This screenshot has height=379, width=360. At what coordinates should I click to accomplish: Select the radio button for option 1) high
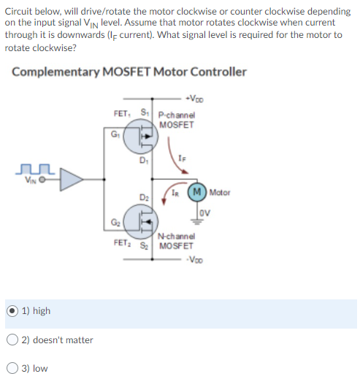point(12,310)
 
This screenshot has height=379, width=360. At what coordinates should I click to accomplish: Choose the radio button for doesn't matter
point(12,340)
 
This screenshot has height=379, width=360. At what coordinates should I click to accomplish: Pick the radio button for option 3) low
point(12,368)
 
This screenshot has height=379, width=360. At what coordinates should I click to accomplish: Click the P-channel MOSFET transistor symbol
point(142,137)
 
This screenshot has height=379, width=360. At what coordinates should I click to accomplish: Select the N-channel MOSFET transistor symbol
point(142,219)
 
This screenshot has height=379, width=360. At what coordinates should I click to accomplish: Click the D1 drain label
point(145,162)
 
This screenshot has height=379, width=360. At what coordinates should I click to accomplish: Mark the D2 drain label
point(144,197)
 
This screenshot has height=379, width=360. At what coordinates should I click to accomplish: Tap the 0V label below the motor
point(206,213)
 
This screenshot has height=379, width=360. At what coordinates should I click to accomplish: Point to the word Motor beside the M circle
point(220,193)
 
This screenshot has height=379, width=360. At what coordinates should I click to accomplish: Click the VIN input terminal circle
point(43,177)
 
